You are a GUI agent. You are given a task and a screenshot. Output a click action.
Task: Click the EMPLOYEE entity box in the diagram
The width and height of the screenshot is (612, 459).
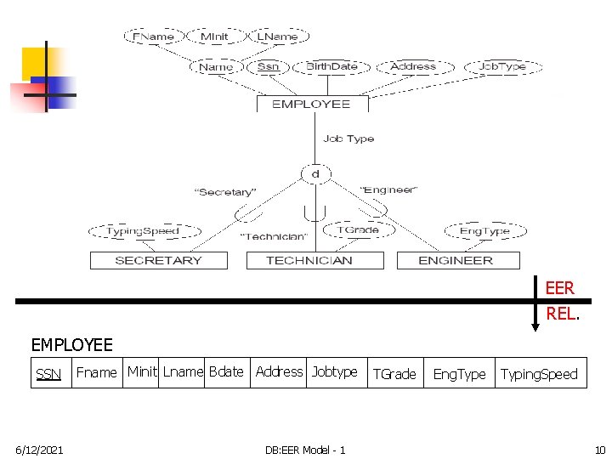pos(312,104)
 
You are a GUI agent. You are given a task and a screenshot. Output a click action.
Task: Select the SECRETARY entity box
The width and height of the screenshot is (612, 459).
pos(158,260)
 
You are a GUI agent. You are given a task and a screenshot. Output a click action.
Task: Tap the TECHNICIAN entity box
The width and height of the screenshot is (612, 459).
pos(309,260)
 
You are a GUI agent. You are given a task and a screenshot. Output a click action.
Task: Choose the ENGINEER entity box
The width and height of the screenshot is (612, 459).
pos(456,260)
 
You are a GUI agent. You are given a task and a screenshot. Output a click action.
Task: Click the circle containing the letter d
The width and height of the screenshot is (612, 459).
pos(314,174)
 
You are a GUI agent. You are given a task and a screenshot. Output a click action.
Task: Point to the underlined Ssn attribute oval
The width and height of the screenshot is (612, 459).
pos(268,66)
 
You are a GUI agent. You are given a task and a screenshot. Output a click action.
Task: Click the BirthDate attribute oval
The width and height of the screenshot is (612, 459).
pos(332,66)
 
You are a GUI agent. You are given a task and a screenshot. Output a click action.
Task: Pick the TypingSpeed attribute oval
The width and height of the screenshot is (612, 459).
pos(143,231)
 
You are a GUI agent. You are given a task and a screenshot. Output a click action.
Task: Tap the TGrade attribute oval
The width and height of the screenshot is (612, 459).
pos(358,229)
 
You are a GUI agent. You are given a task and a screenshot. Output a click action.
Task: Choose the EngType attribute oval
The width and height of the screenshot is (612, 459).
pos(484,231)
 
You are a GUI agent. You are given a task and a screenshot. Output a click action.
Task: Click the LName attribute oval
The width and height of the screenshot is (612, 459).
pos(277,37)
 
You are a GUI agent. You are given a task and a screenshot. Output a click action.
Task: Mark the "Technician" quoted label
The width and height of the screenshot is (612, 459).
pos(273,236)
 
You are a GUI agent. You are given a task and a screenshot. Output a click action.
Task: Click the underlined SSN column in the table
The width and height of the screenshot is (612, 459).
pos(48,374)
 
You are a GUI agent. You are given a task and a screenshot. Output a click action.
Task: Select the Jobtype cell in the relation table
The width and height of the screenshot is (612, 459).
pos(334,372)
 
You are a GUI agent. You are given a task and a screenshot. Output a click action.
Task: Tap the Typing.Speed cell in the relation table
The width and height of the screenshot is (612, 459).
pos(539,374)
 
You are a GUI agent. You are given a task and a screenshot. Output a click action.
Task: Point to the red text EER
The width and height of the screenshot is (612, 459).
pos(560,289)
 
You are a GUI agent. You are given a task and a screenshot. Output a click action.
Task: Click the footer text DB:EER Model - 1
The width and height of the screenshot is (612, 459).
pos(305,449)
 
